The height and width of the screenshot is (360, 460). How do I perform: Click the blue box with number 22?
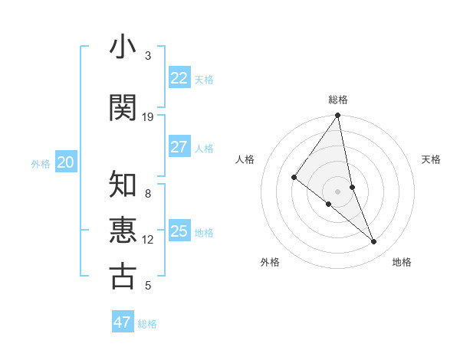pyautogui.click(x=179, y=78)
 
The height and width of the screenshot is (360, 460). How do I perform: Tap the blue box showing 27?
pyautogui.click(x=179, y=147)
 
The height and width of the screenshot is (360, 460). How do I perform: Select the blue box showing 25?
pyautogui.click(x=179, y=231)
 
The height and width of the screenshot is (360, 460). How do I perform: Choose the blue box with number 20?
pyautogui.click(x=66, y=162)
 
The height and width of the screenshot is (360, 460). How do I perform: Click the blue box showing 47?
pyautogui.click(x=123, y=322)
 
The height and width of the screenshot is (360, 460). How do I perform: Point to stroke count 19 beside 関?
pyautogui.click(x=148, y=117)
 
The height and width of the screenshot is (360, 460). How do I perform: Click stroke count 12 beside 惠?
pyautogui.click(x=148, y=240)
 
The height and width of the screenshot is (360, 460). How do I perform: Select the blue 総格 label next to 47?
pyautogui.click(x=147, y=324)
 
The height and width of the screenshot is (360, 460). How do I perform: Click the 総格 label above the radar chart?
pyautogui.click(x=338, y=100)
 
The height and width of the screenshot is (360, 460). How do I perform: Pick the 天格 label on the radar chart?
pyautogui.click(x=432, y=159)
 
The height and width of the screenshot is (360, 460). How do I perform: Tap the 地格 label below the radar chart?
pyautogui.click(x=402, y=262)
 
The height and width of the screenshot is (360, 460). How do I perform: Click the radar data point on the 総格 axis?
pyautogui.click(x=338, y=116)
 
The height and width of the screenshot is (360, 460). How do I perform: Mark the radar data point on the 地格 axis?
pyautogui.click(x=374, y=242)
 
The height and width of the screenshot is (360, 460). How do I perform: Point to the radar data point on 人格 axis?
pyautogui.click(x=294, y=177)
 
